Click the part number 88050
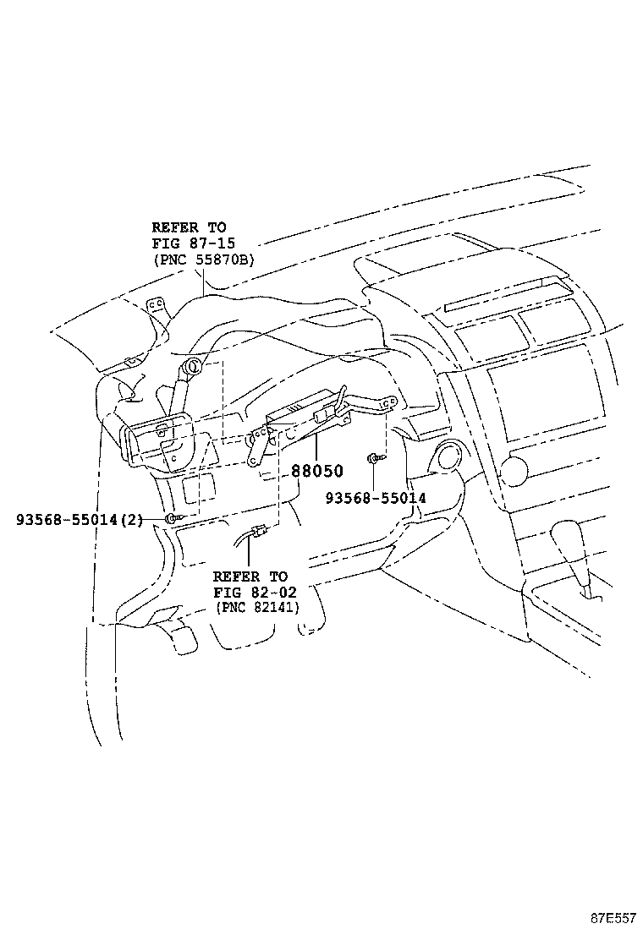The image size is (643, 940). point(317,471)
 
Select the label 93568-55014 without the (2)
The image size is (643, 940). point(376,498)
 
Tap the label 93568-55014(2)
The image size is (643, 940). point(80,520)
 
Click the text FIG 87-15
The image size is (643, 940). point(193,243)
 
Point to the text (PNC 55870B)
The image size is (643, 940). point(204,260)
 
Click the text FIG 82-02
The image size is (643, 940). point(255,593)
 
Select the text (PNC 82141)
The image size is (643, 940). point(257,607)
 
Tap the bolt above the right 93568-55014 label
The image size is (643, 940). point(373,459)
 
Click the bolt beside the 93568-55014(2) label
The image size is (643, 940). point(172,518)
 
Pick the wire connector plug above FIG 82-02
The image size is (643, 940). point(259,531)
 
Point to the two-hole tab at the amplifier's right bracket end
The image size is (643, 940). point(390,401)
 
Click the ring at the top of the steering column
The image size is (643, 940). point(195,366)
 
